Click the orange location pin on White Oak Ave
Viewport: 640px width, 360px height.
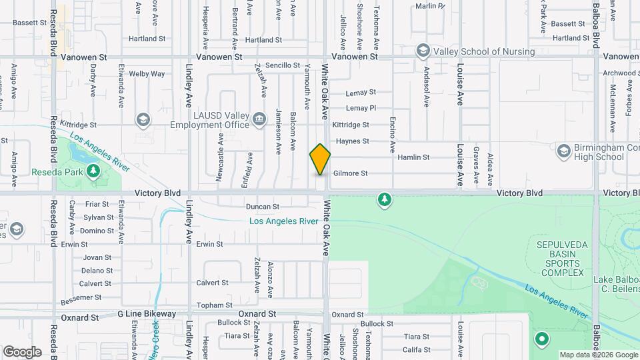pos(320,159)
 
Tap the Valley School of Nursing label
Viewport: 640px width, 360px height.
pos(485,51)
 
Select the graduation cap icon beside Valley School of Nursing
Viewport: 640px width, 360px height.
pos(422,51)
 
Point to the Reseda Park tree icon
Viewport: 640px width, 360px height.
pos(93,171)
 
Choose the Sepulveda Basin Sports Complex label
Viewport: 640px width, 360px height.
pos(563,259)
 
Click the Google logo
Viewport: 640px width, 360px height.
pos(22,351)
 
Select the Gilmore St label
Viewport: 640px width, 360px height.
pos(351,173)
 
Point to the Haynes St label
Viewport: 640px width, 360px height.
pos(353,141)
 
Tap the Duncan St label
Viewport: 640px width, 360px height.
pos(262,207)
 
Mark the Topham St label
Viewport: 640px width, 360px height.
pos(214,305)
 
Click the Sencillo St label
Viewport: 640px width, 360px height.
pos(283,65)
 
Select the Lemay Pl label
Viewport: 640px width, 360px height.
pos(361,108)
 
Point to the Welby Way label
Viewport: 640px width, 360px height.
pos(147,74)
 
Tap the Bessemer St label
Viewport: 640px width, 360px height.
pos(80,297)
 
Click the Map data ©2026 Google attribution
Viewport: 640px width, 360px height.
pos(598,355)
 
